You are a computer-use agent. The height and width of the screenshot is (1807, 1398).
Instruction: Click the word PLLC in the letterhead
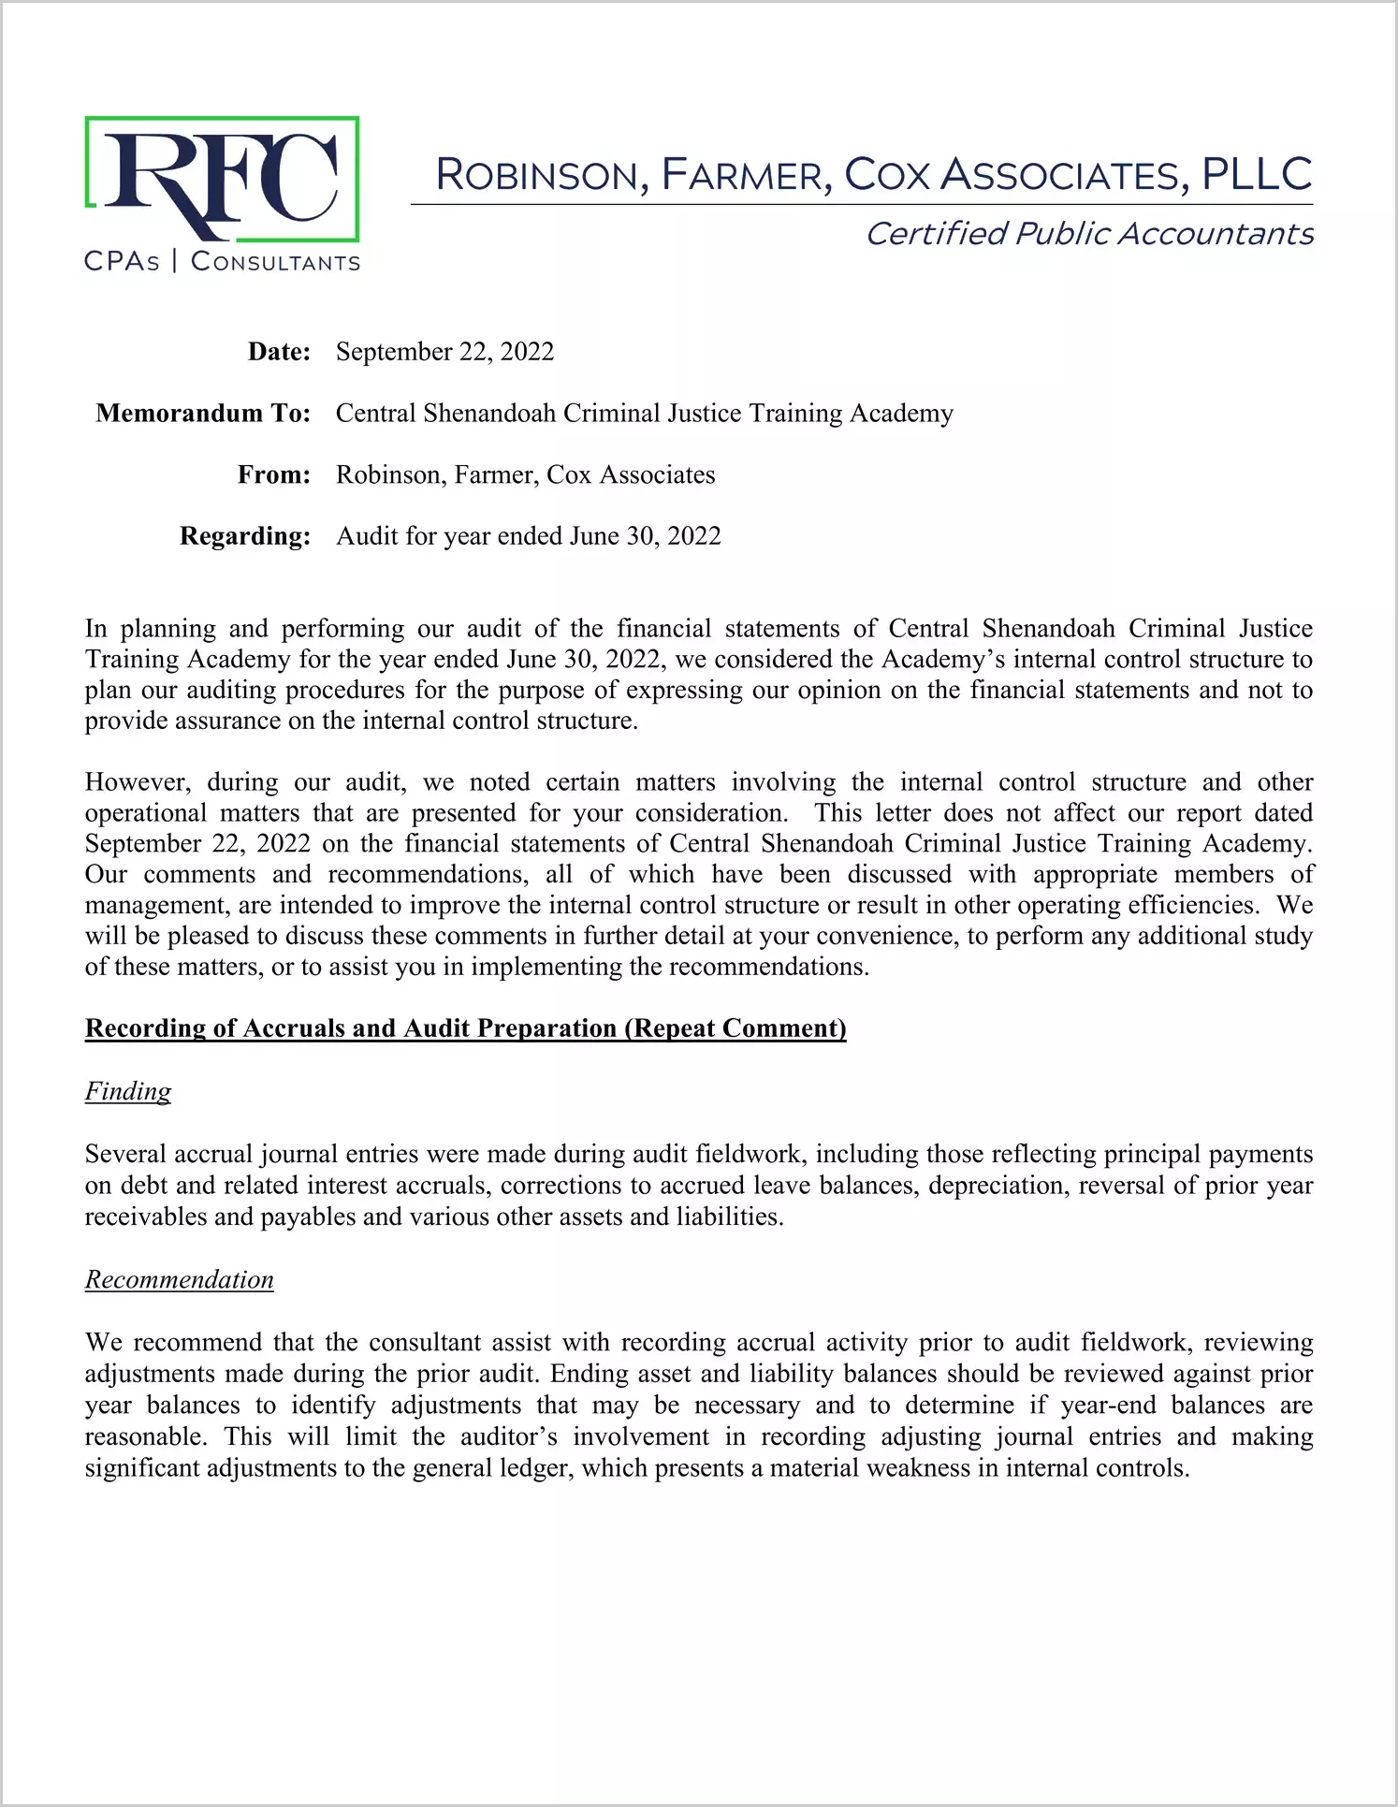point(1256,174)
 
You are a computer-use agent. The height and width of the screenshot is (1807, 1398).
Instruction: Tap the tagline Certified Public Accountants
point(1089,234)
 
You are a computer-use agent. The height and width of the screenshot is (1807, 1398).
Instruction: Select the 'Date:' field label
point(279,352)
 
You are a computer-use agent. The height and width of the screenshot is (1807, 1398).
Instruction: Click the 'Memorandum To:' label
point(203,414)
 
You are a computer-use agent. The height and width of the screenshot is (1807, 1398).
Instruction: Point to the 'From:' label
point(273,475)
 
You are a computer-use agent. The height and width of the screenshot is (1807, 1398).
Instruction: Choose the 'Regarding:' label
point(245,536)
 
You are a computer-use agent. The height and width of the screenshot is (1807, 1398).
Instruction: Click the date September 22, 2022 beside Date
point(444,352)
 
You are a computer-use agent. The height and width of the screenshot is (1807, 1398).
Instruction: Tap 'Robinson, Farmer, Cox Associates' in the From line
point(525,475)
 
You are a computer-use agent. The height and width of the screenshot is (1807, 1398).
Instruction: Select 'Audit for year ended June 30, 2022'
point(529,536)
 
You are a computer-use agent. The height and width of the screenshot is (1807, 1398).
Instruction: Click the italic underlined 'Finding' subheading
point(128,1091)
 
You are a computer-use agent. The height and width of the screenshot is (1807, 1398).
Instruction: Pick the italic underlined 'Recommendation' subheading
point(180,1279)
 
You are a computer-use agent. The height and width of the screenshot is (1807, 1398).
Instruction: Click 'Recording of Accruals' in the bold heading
point(216,1028)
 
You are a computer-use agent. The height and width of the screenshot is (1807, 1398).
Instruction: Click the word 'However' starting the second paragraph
point(138,782)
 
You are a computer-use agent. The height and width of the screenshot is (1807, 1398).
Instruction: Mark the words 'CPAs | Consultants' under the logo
point(222,261)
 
